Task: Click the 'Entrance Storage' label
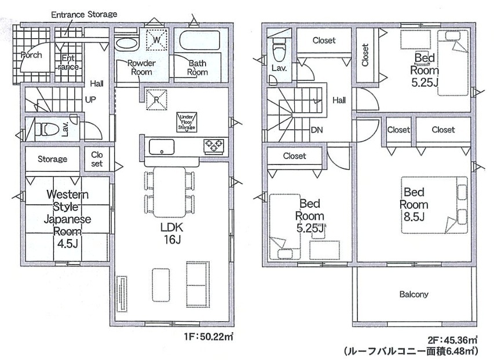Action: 84,14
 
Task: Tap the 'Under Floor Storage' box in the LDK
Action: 187,122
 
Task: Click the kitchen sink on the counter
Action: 162,146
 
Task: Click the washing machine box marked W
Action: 156,40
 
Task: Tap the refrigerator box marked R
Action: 156,100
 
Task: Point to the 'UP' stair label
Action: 90,100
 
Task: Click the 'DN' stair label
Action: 317,130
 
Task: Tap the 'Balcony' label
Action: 414,294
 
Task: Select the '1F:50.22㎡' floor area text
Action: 208,337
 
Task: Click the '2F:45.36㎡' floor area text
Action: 452,340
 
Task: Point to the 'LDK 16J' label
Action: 171,233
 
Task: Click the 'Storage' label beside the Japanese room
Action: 52,159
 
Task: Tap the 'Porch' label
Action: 31,55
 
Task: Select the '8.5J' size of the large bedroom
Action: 414,216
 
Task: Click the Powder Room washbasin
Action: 127,44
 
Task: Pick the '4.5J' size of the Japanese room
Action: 67,244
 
